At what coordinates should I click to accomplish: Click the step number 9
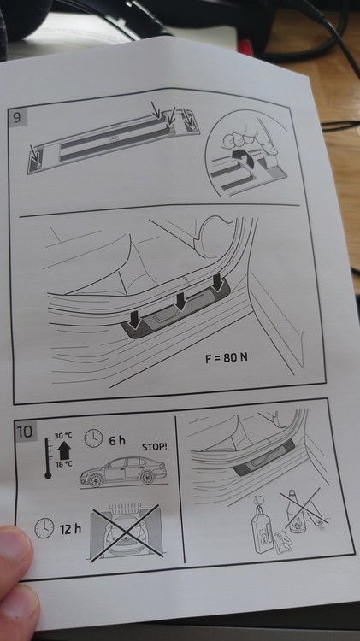(17, 118)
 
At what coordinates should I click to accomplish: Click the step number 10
(25, 432)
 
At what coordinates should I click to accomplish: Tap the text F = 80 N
(227, 358)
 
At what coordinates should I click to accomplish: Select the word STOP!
(155, 447)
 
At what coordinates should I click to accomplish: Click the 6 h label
(117, 441)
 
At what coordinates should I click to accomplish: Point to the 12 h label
(70, 529)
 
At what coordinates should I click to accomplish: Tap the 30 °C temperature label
(63, 436)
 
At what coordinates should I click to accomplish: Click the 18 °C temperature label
(64, 463)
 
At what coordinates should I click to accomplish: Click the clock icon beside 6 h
(93, 438)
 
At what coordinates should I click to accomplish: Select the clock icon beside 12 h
(44, 528)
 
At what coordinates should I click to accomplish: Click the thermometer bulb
(48, 475)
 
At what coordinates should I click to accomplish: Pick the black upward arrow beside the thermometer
(64, 450)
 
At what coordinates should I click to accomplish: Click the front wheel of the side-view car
(96, 480)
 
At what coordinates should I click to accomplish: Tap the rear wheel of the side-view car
(148, 478)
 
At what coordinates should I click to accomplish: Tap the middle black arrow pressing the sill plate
(180, 301)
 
